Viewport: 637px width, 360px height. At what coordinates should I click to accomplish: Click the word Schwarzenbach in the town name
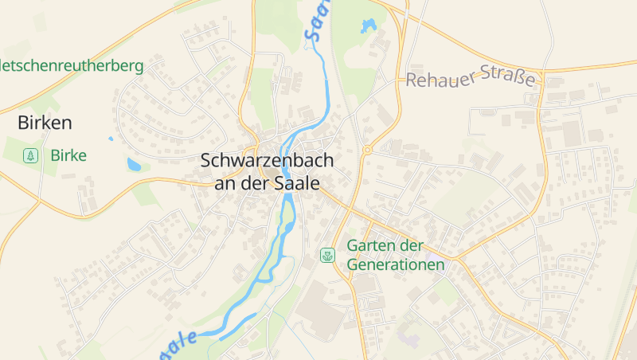(267, 160)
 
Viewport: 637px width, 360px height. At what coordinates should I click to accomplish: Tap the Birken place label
(45, 123)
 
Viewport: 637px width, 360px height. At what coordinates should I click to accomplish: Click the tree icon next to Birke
(30, 155)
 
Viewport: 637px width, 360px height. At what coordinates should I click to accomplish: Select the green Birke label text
(68, 155)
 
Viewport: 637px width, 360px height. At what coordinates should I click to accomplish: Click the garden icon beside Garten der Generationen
(326, 255)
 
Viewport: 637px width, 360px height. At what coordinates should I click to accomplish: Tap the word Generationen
(395, 264)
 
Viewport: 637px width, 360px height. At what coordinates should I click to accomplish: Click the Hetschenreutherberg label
(72, 66)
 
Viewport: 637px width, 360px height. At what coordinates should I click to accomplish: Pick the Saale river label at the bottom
(178, 342)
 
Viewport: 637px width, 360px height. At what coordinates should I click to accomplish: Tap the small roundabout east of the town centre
(367, 149)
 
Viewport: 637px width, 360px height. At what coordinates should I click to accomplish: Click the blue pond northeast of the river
(369, 26)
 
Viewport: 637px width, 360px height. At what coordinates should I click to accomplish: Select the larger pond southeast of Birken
(135, 165)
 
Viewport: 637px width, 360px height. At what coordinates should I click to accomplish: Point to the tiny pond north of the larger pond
(111, 139)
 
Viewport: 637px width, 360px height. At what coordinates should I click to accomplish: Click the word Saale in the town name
(297, 182)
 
